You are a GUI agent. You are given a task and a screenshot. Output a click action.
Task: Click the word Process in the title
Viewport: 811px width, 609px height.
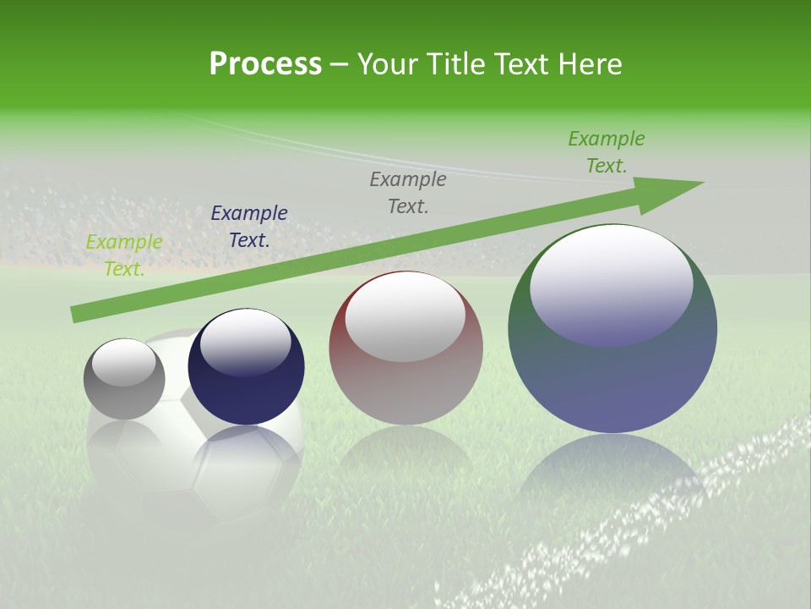(265, 64)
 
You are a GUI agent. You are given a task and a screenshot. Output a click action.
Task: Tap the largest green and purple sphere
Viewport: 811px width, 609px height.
(612, 372)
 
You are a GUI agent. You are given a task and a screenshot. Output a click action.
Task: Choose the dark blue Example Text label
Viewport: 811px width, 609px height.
(249, 227)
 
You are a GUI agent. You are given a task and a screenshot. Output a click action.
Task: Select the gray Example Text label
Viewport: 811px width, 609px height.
(408, 192)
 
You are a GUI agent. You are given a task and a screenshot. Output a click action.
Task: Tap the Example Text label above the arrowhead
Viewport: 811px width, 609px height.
(607, 152)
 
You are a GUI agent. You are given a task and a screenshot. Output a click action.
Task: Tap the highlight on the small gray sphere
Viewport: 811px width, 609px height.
(123, 362)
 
